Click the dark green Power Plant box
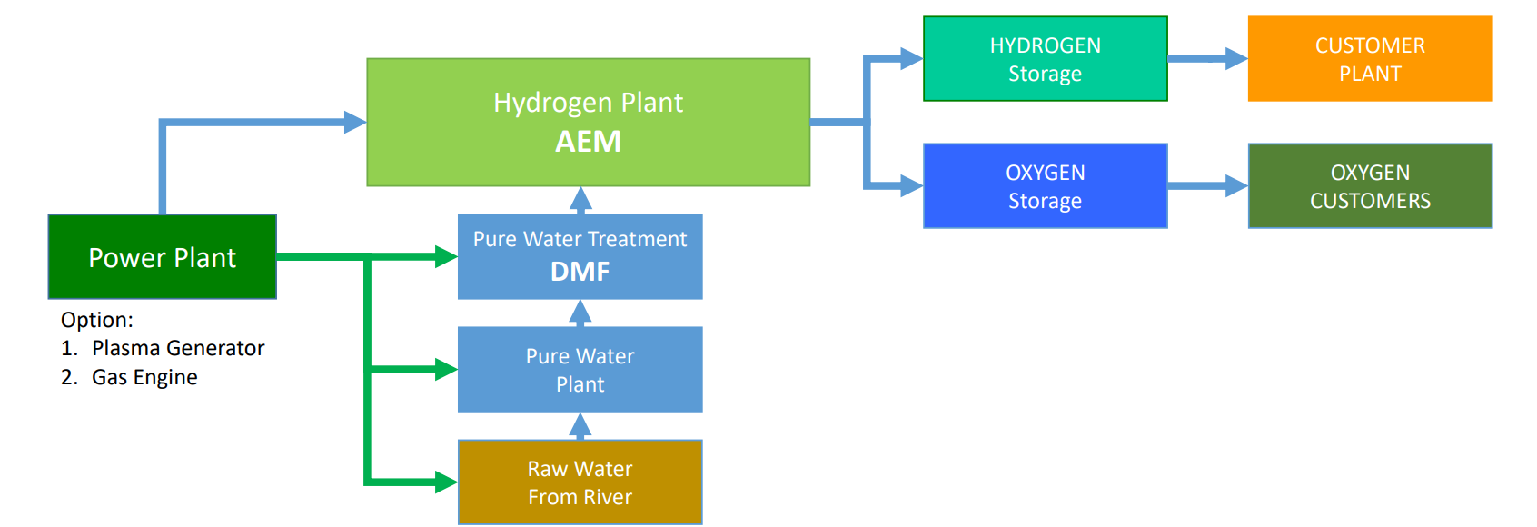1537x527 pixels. tap(162, 257)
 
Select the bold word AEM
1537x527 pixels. tap(588, 143)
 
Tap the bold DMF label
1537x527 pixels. tap(580, 272)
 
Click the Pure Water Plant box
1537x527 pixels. tap(580, 370)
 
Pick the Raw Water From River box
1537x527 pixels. tap(580, 482)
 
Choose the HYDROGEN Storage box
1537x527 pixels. tap(1045, 59)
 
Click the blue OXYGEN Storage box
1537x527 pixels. tap(1045, 186)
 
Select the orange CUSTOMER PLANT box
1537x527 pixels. tap(1370, 59)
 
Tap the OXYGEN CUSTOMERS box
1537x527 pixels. tap(1370, 186)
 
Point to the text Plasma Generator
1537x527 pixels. tap(178, 348)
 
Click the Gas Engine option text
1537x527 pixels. tap(144, 377)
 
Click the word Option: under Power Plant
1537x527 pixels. tap(96, 320)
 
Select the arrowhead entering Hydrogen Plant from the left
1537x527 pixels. tap(355, 122)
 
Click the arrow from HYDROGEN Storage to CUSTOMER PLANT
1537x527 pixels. tap(1208, 59)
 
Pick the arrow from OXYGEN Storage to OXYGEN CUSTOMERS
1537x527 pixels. tap(1208, 186)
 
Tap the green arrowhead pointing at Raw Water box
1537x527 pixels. tap(445, 482)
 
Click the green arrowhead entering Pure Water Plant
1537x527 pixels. tap(445, 369)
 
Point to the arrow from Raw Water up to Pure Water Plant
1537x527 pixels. tap(580, 426)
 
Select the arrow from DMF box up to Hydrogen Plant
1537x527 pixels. tap(580, 200)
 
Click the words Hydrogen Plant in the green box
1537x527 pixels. tap(588, 103)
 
